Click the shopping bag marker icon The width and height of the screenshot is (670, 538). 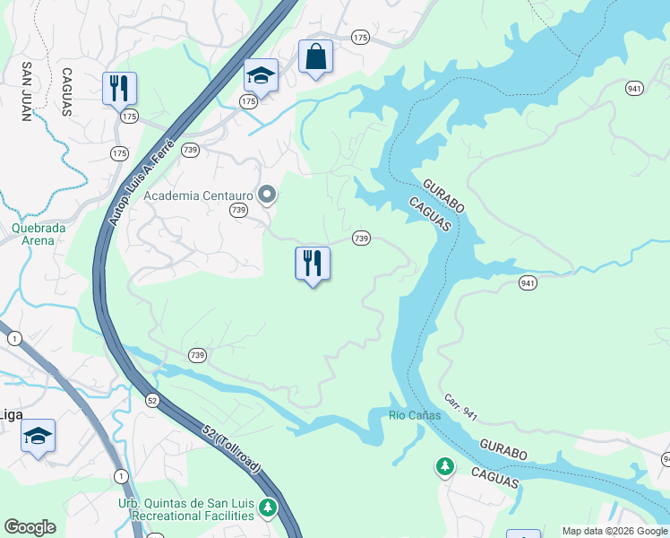tap(315, 57)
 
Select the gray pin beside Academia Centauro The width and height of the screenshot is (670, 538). tap(266, 194)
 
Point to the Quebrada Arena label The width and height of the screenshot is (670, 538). tap(39, 234)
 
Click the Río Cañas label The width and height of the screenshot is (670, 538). tap(415, 415)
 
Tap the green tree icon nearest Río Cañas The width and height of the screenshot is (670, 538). tap(444, 465)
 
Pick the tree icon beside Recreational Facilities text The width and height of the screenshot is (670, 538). tap(267, 508)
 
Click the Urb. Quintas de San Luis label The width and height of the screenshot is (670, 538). tap(185, 502)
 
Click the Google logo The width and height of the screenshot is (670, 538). tap(30, 527)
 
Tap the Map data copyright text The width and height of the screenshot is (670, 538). tap(615, 531)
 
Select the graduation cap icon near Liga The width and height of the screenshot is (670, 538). tap(38, 436)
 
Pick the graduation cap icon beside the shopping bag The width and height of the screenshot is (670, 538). tap(261, 75)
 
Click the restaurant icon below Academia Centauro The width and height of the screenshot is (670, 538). tap(313, 264)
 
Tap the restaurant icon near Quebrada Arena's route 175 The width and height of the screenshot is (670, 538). tap(119, 89)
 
